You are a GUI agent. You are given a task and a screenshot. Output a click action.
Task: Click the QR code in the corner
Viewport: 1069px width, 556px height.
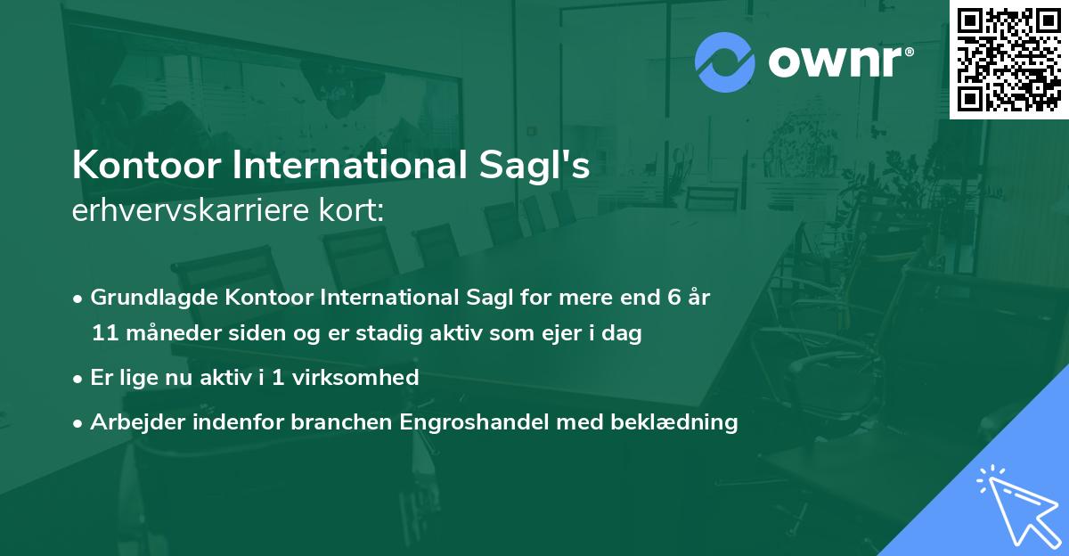pyautogui.click(x=1008, y=60)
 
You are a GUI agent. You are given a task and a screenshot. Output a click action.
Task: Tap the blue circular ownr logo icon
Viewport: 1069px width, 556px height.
pyautogui.click(x=724, y=62)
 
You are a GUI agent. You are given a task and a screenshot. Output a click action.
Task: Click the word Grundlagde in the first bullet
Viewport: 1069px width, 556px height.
pyautogui.click(x=143, y=297)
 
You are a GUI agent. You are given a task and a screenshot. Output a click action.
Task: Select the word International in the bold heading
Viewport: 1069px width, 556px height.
pyautogui.click(x=335, y=167)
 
